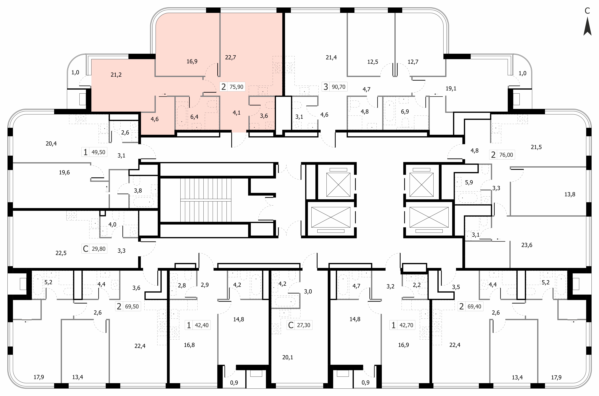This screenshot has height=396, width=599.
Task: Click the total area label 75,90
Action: pyautogui.click(x=237, y=87)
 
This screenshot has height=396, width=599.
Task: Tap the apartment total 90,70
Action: pyautogui.click(x=338, y=87)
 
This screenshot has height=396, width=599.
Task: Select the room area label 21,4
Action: pyautogui.click(x=331, y=58)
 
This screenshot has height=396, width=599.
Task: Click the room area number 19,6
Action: pyautogui.click(x=64, y=173)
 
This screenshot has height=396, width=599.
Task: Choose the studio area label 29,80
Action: pyautogui.click(x=99, y=249)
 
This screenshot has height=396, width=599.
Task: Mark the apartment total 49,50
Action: pyautogui.click(x=98, y=152)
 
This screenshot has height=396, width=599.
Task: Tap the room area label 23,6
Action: pyautogui.click(x=527, y=245)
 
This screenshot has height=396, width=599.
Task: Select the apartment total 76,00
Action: pyautogui.click(x=506, y=155)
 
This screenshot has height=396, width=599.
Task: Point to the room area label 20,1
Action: pyautogui.click(x=288, y=357)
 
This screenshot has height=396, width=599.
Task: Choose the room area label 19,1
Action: pyautogui.click(x=451, y=89)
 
